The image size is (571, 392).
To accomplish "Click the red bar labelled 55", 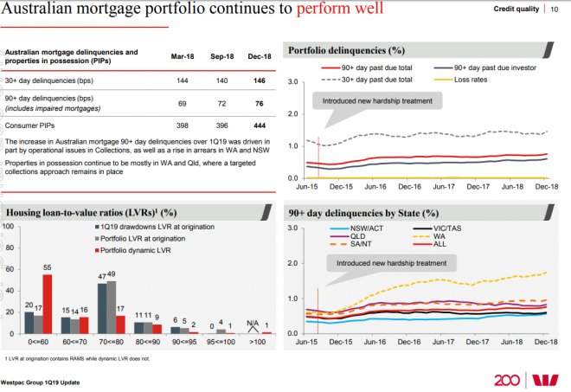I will coord(47,304).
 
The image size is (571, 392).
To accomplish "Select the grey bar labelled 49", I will coord(112,306).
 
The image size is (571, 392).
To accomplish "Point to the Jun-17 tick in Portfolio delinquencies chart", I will coord(444,186).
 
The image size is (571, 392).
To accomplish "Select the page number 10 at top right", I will coord(553,8).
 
